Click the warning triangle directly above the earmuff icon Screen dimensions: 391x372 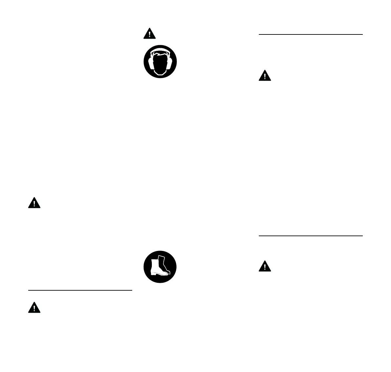pos(149,34)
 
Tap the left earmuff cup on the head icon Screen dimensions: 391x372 pos(151,62)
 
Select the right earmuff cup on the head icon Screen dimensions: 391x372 pos(169,62)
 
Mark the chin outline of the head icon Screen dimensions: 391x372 pos(160,75)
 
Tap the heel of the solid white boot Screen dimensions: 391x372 pos(152,274)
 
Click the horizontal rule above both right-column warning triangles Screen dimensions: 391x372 pos(311,34)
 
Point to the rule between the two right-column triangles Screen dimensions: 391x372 pos(311,236)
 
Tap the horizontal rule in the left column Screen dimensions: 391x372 pos(80,290)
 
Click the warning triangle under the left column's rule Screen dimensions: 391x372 pos(34,307)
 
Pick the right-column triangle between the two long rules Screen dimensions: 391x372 pos(265,76)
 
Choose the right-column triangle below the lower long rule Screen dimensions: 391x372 pos(265,266)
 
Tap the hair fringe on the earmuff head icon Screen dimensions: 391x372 pos(160,54)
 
